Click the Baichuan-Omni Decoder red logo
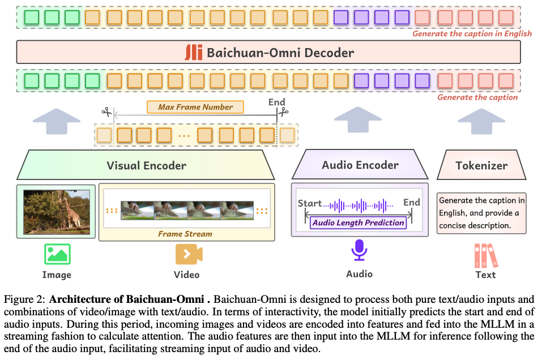click(194, 53)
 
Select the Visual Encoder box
click(146, 165)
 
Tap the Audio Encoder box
click(360, 165)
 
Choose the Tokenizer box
click(481, 165)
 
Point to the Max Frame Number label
click(195, 107)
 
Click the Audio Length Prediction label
click(358, 222)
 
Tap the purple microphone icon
click(359, 250)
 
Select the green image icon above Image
click(57, 254)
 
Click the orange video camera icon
click(189, 254)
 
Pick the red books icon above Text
click(486, 256)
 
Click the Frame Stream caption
click(185, 234)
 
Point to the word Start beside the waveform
click(310, 203)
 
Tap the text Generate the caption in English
click(472, 33)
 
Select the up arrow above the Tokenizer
click(481, 121)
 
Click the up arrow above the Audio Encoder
click(358, 119)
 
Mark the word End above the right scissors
click(277, 102)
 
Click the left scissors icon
click(106, 112)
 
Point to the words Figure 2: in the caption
click(24, 299)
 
